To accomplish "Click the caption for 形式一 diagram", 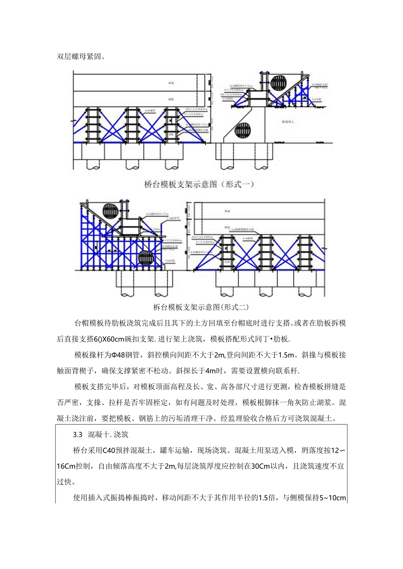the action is point(200,185).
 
